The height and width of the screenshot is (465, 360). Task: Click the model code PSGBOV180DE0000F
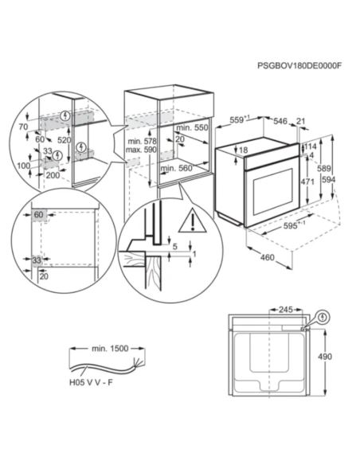(299, 66)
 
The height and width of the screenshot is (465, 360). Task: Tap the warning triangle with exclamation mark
(193, 221)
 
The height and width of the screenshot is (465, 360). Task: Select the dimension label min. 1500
(110, 349)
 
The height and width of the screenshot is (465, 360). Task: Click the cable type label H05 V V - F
(91, 382)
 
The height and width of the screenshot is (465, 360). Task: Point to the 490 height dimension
(325, 357)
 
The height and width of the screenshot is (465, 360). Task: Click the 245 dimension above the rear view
(286, 310)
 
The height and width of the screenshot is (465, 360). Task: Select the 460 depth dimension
(267, 257)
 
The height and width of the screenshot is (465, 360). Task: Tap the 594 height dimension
(329, 180)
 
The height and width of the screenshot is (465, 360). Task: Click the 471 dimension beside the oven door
(307, 182)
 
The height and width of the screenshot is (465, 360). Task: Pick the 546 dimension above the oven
(280, 121)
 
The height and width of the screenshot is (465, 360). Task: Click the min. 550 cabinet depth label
(192, 128)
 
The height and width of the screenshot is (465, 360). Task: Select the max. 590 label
(141, 150)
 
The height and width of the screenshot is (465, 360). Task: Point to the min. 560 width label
(176, 169)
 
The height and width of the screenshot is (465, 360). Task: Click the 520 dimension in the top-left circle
(64, 140)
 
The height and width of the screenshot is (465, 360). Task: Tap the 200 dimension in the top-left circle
(53, 175)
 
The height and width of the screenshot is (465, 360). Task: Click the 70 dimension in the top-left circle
(23, 127)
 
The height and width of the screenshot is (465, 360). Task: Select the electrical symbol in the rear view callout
(323, 318)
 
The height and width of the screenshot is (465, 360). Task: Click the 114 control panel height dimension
(311, 147)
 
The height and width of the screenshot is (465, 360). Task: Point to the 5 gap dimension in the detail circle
(174, 246)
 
